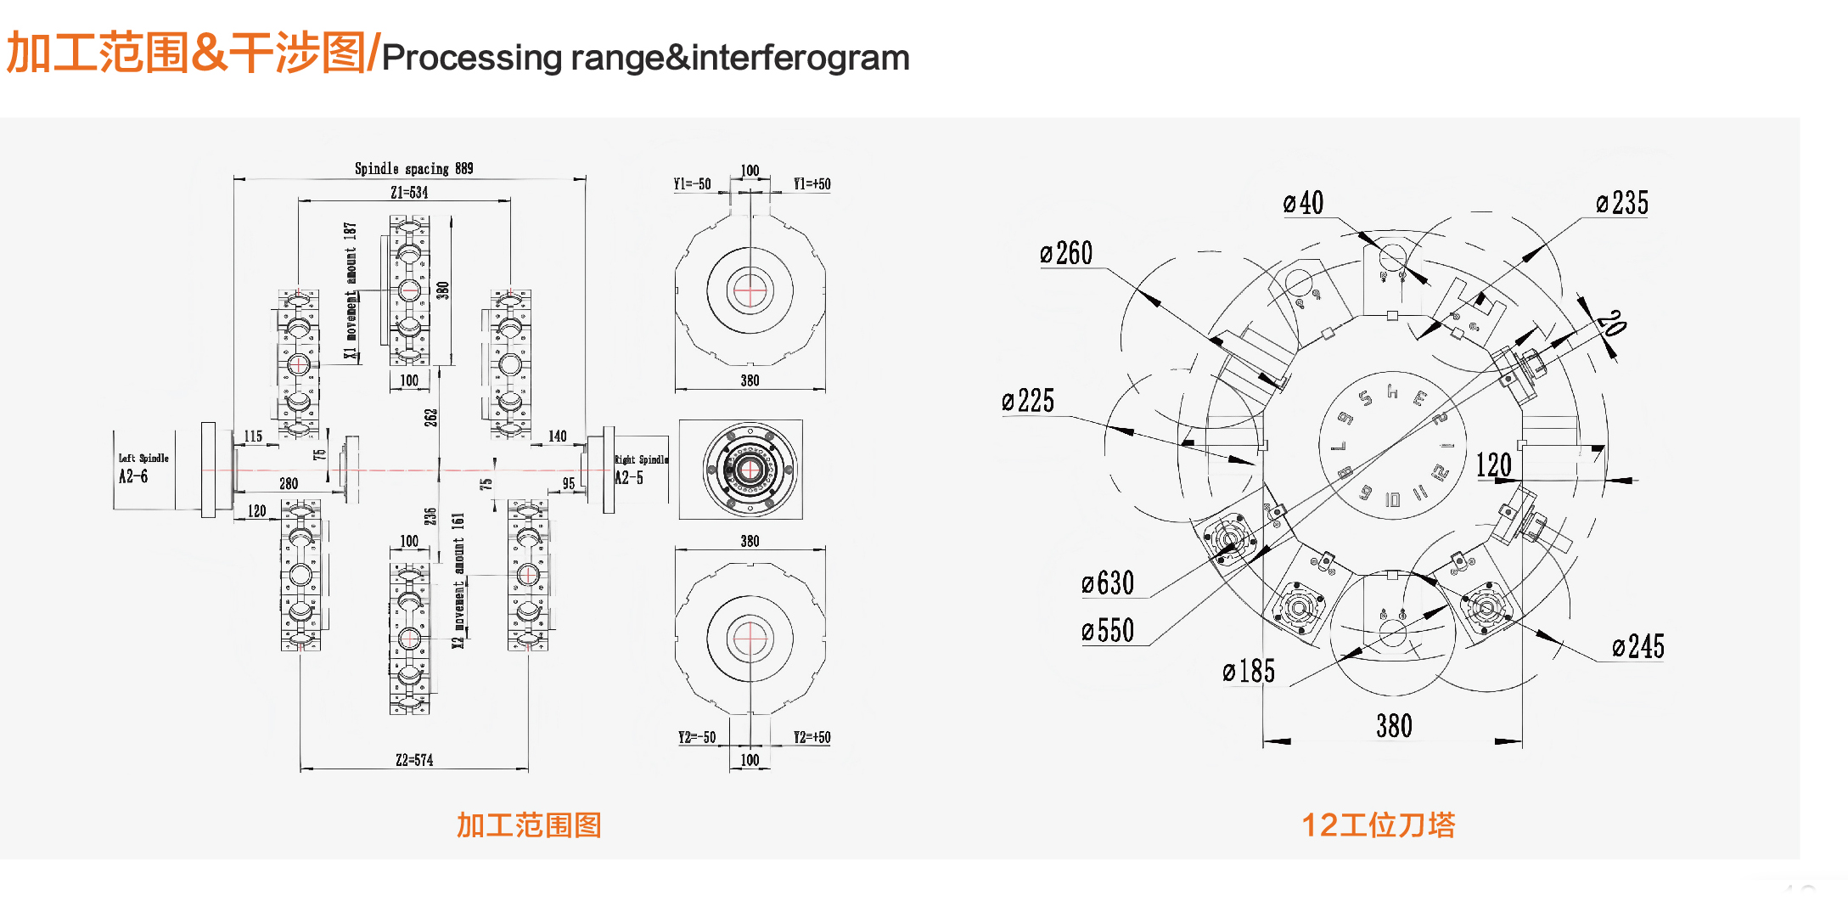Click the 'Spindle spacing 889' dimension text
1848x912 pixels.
click(413, 168)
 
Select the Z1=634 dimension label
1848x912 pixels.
click(409, 193)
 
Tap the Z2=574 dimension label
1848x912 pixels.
click(414, 760)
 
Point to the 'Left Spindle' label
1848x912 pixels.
click(143, 458)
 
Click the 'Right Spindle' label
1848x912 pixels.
click(641, 459)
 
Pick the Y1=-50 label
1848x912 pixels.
click(692, 184)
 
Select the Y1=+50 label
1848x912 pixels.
click(812, 184)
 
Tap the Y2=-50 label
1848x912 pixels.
click(696, 737)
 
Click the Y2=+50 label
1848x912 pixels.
click(812, 737)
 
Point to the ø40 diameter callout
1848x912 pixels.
click(1303, 203)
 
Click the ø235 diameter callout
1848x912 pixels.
click(1621, 203)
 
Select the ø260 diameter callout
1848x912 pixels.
click(1066, 253)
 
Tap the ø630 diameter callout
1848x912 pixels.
click(1108, 583)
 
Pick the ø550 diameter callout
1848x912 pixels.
click(1108, 631)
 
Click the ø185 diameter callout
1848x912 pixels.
click(1249, 672)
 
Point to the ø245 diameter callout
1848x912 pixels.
click(1638, 647)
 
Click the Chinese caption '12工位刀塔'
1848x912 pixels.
click(1378, 825)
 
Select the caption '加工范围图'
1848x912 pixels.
click(529, 825)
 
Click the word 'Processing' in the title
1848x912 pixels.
click(471, 58)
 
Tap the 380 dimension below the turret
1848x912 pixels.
click(1394, 726)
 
